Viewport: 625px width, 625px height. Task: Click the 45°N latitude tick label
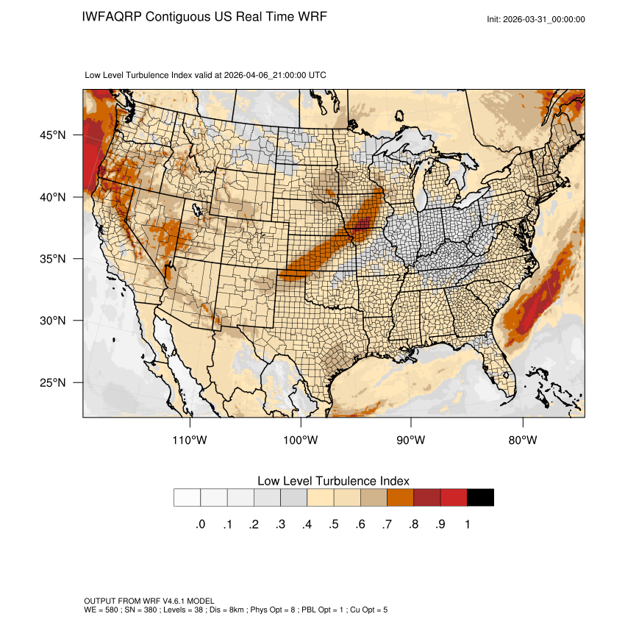52,135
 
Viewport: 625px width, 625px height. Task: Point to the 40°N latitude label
52,197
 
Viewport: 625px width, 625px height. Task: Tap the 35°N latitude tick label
52,259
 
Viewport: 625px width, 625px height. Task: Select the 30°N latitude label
52,321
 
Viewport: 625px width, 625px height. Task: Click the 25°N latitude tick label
52,382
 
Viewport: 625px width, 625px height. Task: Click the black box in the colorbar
480,498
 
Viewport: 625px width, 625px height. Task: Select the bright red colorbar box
454,498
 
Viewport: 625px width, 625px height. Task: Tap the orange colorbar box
401,498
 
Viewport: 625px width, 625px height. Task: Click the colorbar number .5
333,524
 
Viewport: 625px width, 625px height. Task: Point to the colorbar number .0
200,524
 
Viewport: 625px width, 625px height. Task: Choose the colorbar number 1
467,524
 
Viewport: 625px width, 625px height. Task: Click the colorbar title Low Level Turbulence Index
333,480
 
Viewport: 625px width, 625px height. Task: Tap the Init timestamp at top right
536,19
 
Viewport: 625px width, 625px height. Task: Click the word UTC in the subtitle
318,75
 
